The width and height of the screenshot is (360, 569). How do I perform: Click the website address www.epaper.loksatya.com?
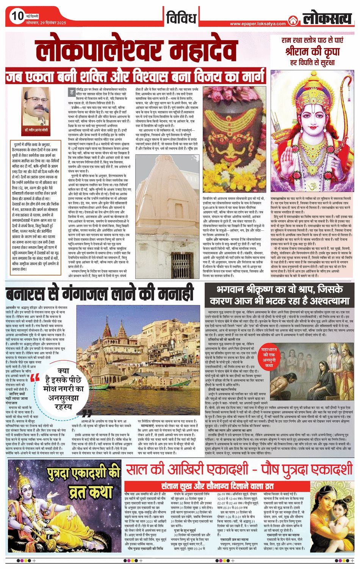pos(258,23)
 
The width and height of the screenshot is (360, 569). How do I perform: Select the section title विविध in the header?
pos(181,17)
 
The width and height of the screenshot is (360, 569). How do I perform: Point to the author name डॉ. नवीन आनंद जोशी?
pos(36,130)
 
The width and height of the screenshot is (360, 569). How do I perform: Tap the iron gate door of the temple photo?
pos(183,261)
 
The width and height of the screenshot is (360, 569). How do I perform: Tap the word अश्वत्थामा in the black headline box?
pos(318,301)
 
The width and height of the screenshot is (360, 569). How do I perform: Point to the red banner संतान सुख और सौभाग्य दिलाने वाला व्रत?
pos(218,486)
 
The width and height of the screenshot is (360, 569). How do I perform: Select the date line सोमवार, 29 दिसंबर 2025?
pos(46,23)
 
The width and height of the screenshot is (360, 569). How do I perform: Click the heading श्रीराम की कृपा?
pos(312,51)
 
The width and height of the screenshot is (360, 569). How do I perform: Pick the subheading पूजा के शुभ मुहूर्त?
pos(183,530)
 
